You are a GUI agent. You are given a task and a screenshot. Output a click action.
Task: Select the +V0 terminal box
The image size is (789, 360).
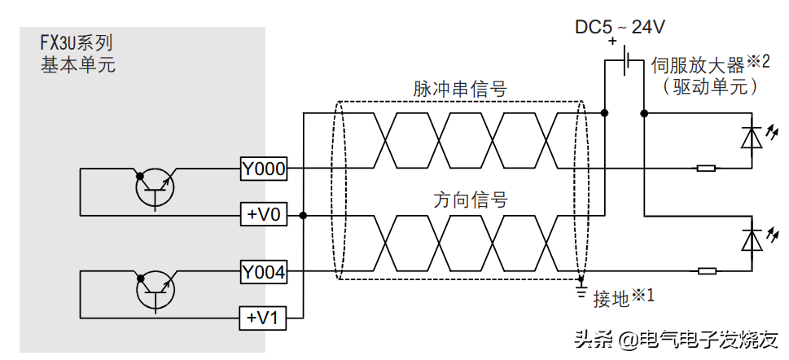264,215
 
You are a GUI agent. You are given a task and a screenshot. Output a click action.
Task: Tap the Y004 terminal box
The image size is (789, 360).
264,272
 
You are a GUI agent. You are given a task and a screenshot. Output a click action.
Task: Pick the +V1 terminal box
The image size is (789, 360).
264,318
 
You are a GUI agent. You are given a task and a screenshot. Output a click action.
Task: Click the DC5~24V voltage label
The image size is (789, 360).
620,27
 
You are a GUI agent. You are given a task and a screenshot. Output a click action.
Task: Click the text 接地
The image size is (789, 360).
611,299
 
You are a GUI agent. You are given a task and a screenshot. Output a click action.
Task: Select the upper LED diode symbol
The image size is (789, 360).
751,135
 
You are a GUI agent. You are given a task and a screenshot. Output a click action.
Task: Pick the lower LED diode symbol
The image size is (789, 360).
751,239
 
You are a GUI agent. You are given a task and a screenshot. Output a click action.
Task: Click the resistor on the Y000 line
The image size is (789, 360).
706,169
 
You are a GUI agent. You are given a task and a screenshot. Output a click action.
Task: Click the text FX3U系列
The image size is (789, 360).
77,43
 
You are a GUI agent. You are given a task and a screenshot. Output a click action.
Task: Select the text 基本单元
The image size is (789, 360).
78,64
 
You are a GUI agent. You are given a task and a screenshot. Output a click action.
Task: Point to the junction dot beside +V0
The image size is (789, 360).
303,215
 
